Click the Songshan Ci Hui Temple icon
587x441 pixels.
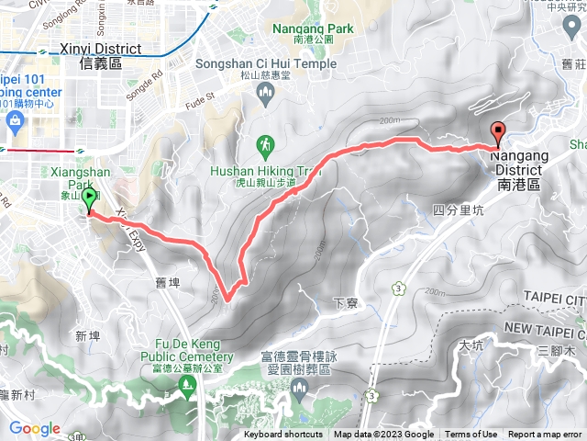(x=266, y=92)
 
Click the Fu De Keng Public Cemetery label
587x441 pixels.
(x=187, y=351)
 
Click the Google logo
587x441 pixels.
(x=35, y=428)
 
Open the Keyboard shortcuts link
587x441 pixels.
(x=282, y=435)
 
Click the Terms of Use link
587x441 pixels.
(x=471, y=435)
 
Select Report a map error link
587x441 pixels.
(x=545, y=435)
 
